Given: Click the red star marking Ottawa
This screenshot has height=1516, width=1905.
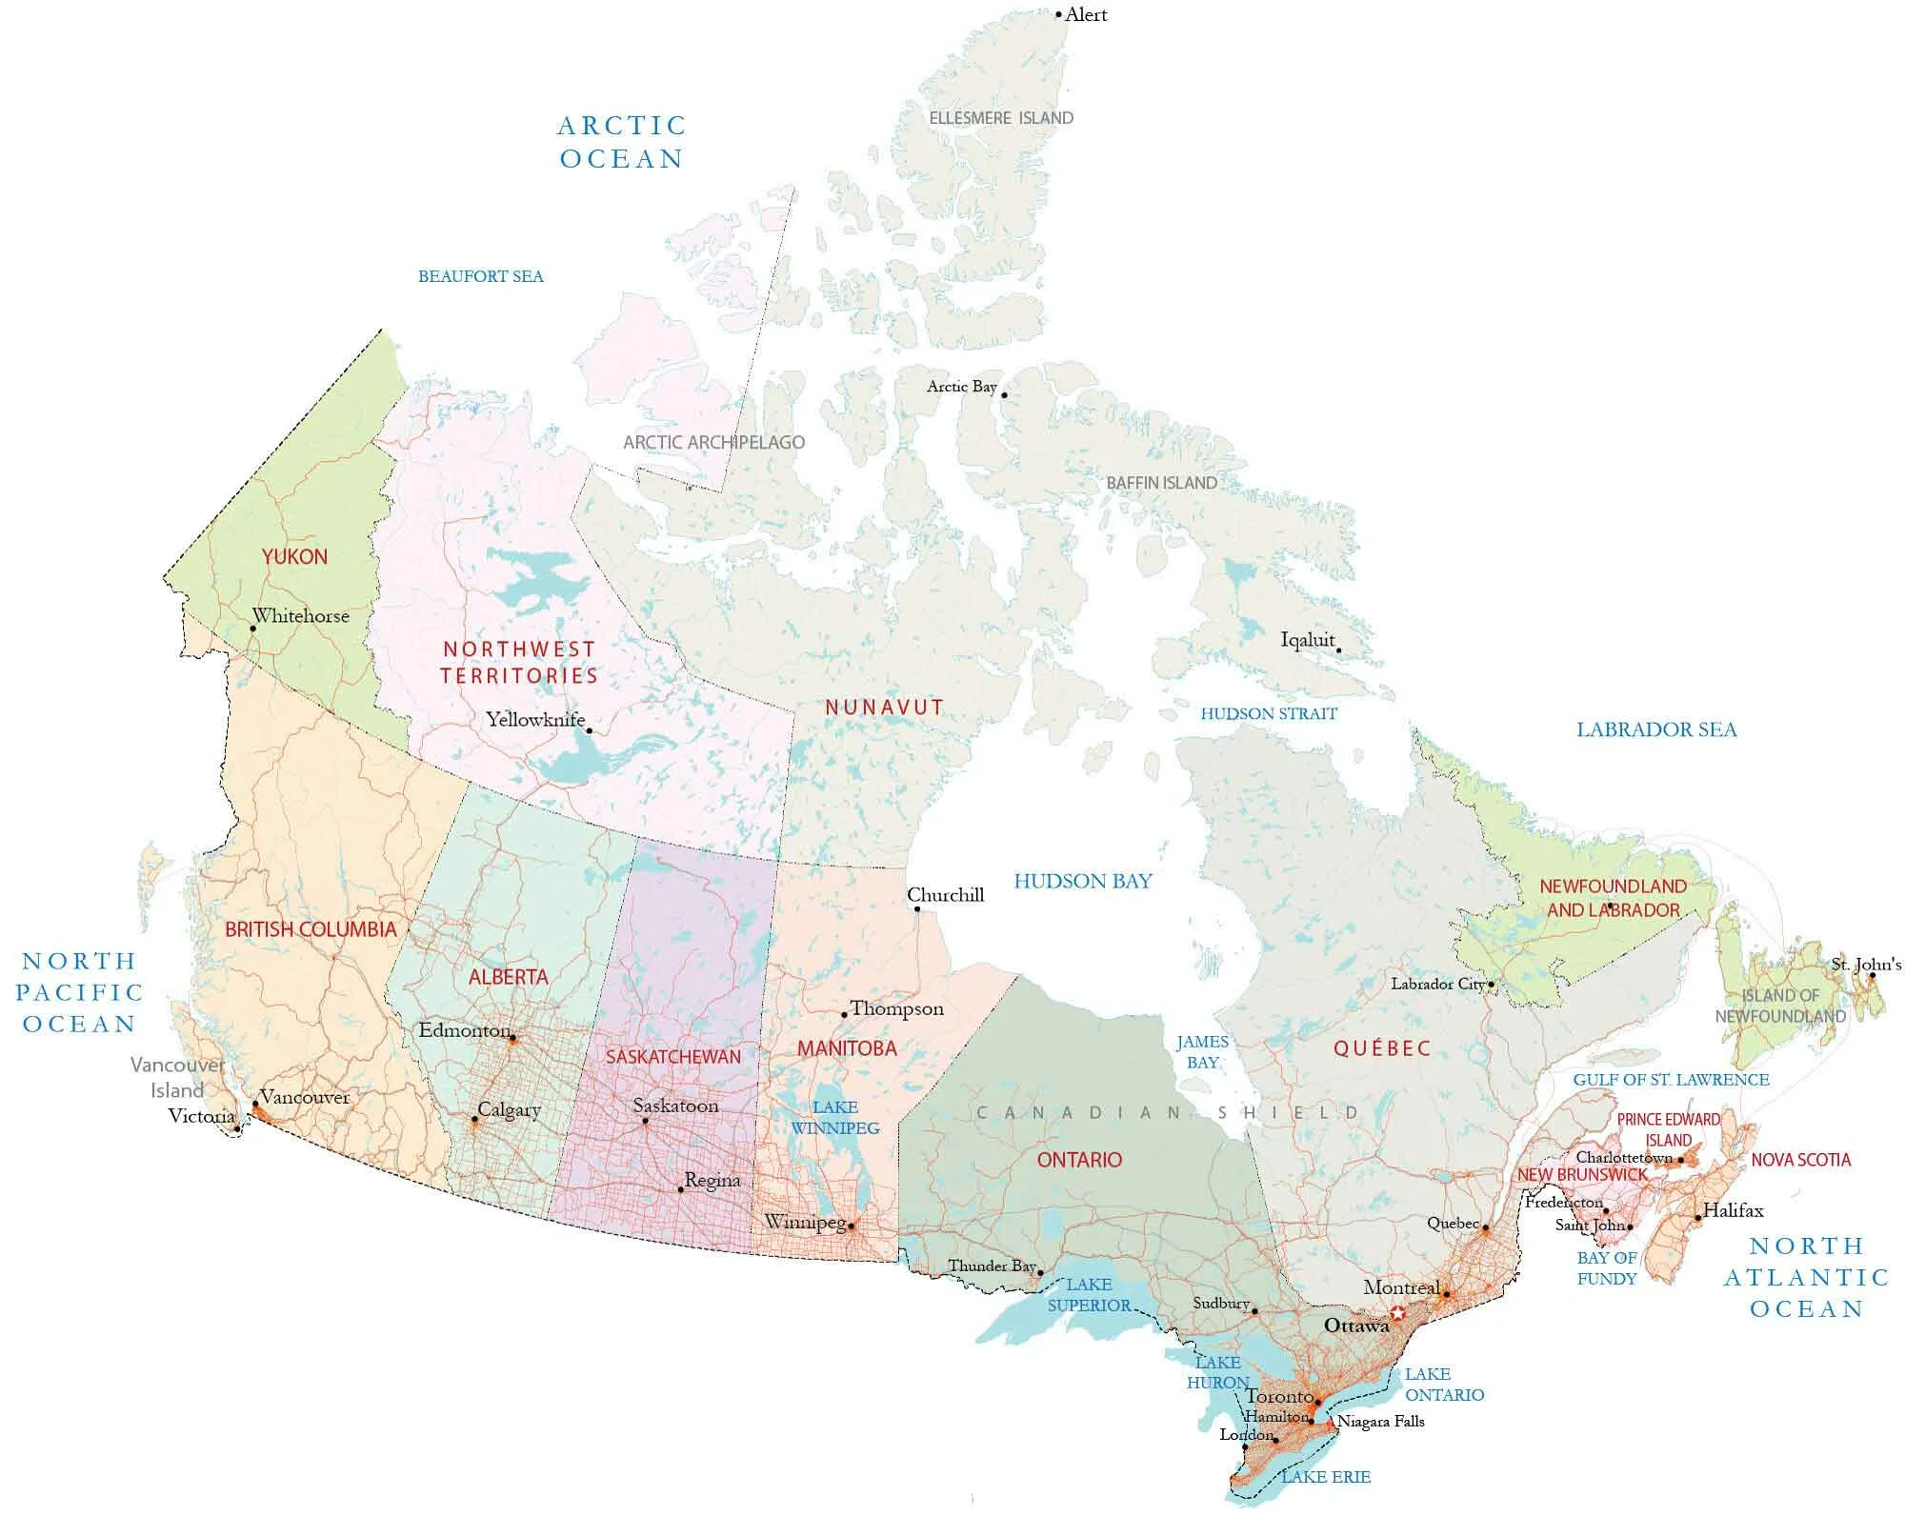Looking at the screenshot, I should [x=1397, y=1313].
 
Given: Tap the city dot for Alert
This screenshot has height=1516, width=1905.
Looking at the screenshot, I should [x=1058, y=15].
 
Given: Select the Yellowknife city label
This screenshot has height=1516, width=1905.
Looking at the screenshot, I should [x=534, y=720].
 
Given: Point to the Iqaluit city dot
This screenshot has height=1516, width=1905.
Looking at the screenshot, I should [x=1338, y=651].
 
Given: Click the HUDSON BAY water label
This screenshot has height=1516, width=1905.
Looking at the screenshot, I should [x=1082, y=881].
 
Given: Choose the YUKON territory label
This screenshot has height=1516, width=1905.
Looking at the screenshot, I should [x=294, y=557].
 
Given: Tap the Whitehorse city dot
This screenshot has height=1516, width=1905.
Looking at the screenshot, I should [x=252, y=629].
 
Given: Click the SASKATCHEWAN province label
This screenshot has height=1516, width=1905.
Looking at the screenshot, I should [x=672, y=1057].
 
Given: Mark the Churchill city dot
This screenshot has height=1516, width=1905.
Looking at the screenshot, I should [x=917, y=909].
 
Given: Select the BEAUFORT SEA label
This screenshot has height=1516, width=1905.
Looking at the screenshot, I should [x=480, y=277].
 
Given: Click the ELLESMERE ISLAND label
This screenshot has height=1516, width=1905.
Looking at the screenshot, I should [x=1000, y=118].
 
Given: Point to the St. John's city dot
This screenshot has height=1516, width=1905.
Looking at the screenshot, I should [x=1872, y=976].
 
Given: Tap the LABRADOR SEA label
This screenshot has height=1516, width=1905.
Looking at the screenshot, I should [x=1656, y=730].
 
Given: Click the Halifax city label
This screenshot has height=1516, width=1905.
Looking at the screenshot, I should [x=1733, y=1210].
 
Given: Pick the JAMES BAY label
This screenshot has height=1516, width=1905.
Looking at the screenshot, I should [x=1201, y=1052].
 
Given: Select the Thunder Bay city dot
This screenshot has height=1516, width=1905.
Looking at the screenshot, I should [x=1040, y=1273].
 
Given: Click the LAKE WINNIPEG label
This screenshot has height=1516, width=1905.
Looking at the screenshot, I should [x=834, y=1118].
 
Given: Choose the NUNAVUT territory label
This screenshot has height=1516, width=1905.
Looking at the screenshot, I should [x=884, y=708].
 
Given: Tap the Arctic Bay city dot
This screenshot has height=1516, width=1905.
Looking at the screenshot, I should [x=1004, y=395].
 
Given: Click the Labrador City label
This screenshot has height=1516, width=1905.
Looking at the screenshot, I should [x=1437, y=984].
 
